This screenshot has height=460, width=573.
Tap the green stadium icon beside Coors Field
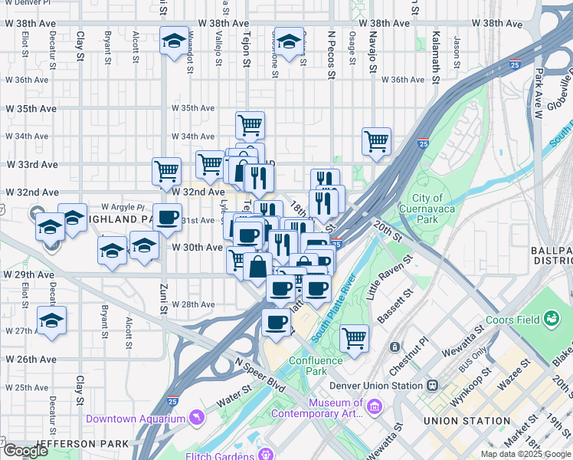pyautogui.click(x=550, y=318)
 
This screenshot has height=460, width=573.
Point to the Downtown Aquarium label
pyautogui.click(x=136, y=419)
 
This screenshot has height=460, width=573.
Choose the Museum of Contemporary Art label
pyautogui.click(x=335, y=409)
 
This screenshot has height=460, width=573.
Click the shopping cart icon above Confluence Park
pyautogui.click(x=354, y=337)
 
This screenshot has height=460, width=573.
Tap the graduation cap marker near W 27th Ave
pyautogui.click(x=51, y=320)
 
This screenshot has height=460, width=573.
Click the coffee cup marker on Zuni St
pyautogui.click(x=167, y=217)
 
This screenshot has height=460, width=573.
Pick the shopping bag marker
pyautogui.click(x=258, y=268)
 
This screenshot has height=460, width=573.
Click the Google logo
pyautogui.click(x=26, y=452)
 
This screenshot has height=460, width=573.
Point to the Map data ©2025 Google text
pyautogui.click(x=526, y=454)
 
